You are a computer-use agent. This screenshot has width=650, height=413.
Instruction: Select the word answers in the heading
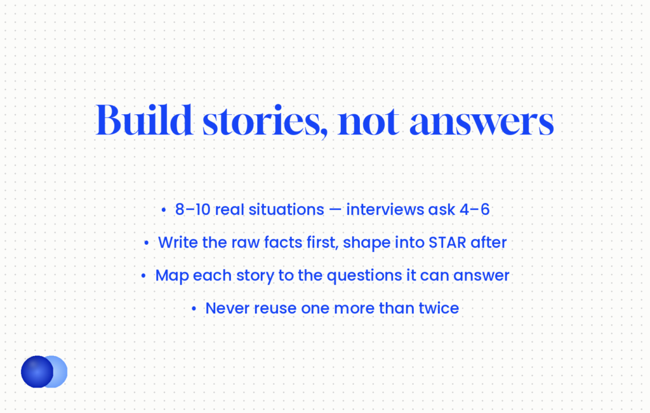click(482, 124)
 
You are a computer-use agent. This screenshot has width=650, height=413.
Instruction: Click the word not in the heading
click(369, 122)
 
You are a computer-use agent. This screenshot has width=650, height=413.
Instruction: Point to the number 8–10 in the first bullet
click(193, 209)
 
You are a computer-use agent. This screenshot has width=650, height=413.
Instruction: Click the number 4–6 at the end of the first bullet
click(475, 209)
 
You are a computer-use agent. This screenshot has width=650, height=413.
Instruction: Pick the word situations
click(286, 209)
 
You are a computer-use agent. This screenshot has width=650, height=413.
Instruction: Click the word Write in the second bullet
click(178, 243)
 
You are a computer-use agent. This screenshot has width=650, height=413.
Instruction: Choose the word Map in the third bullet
click(171, 276)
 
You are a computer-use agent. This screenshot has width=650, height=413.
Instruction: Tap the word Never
click(227, 308)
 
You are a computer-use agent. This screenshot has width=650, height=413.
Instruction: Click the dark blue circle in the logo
click(37, 372)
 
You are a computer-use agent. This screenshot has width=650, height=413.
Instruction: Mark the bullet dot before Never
click(194, 308)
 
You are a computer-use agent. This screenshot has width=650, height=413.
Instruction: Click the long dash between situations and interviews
click(335, 210)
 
